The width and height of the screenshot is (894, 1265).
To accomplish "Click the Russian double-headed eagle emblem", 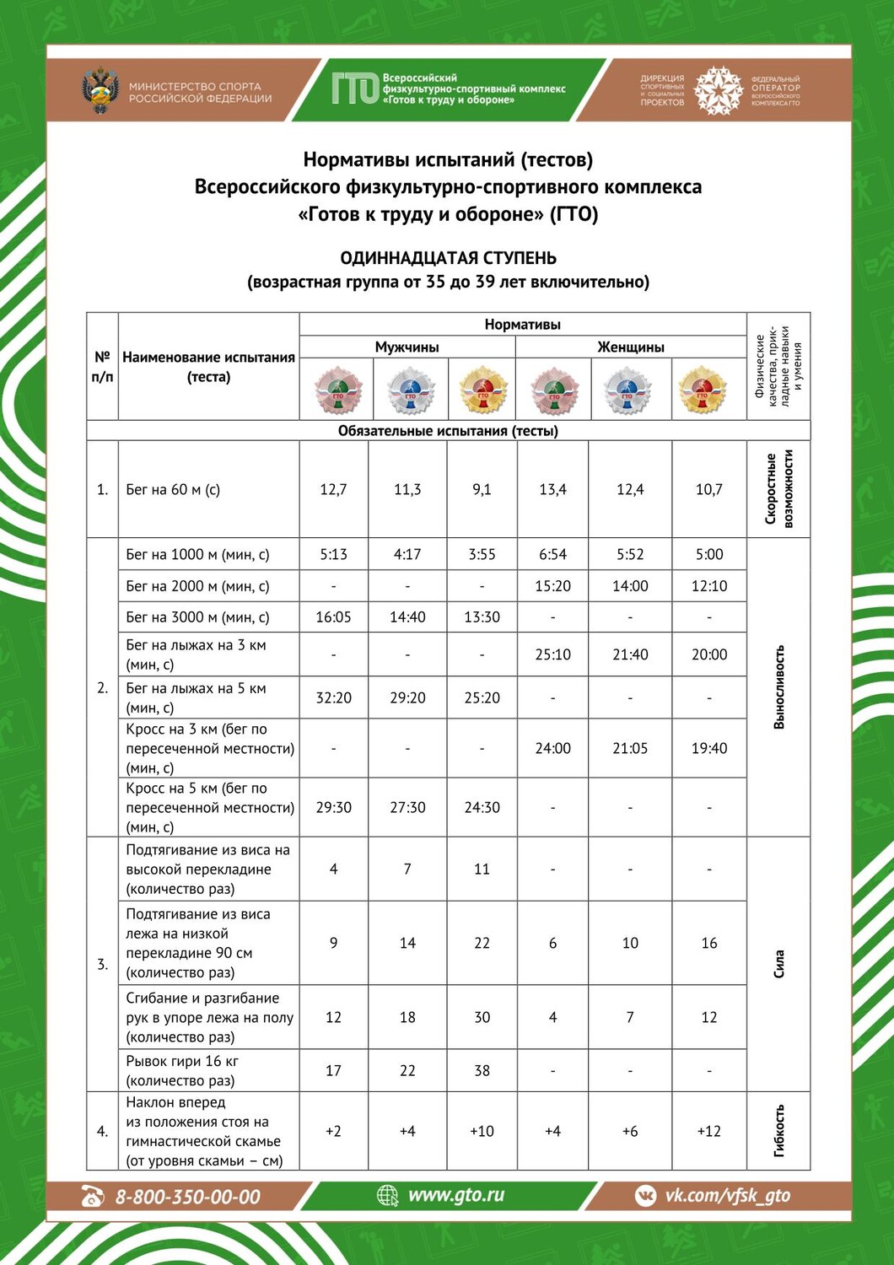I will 100,90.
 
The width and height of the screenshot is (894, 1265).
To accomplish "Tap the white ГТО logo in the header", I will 354,89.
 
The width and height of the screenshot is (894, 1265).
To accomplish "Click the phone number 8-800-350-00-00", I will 187,1197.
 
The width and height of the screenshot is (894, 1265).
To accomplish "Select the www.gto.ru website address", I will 455,1195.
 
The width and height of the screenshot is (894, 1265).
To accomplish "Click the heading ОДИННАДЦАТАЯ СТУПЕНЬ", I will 448,258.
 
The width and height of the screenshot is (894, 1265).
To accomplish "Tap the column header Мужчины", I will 407,347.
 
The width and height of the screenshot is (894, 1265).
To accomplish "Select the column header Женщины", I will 631,347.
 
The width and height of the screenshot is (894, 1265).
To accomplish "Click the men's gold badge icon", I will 482,390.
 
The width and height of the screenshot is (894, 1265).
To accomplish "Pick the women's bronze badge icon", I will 553,390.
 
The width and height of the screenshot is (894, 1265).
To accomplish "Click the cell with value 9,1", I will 482,489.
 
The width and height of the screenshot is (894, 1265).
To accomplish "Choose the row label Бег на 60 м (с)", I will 173,489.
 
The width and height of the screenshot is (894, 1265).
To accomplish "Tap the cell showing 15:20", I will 552,585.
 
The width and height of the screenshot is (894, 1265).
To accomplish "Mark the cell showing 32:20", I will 333,697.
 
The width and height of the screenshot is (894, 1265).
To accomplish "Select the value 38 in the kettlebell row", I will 482,1070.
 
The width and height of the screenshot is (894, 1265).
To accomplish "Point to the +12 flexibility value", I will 708,1131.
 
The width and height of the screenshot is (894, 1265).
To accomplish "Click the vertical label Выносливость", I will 778,686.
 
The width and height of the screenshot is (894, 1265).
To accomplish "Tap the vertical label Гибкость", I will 778,1130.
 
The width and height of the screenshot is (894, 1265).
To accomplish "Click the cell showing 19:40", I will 708,748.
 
